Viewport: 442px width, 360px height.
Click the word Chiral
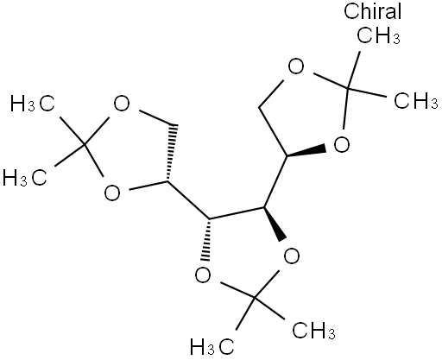(372, 11)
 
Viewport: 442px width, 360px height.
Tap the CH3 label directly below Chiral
(378, 35)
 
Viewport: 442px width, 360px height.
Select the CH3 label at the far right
(416, 100)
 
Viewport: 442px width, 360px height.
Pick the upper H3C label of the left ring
(32, 104)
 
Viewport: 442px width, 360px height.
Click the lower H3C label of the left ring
(25, 178)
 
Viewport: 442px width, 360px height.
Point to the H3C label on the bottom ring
(212, 347)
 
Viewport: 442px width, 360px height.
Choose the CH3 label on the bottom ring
(313, 331)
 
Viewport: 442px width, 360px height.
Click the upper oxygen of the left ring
(122, 104)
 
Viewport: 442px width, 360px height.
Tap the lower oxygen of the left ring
(112, 193)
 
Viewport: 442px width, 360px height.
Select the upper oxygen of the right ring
(296, 66)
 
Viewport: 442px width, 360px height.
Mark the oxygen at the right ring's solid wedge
(342, 144)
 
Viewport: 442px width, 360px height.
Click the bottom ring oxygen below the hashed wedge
(203, 275)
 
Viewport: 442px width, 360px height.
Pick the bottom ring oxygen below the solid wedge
(292, 256)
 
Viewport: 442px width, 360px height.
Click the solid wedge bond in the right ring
(306, 152)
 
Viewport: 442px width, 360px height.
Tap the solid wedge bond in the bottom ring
(275, 224)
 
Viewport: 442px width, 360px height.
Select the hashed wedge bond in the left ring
(170, 154)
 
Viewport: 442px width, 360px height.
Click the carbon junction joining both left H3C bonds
(84, 144)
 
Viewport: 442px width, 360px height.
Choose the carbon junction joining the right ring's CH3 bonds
(348, 87)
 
